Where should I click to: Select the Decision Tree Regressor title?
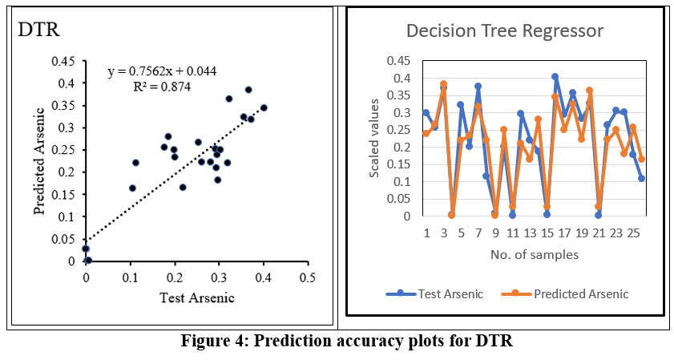coord(504,31)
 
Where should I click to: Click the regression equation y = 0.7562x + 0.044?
coord(162,71)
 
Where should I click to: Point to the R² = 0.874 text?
coord(162,87)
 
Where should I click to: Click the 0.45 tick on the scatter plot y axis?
coord(64,61)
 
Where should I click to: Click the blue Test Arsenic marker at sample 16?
coord(555,77)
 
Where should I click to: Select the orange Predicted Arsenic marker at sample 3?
coord(443,84)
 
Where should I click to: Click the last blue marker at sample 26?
coord(641,178)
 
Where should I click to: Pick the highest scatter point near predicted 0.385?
coord(248,90)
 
